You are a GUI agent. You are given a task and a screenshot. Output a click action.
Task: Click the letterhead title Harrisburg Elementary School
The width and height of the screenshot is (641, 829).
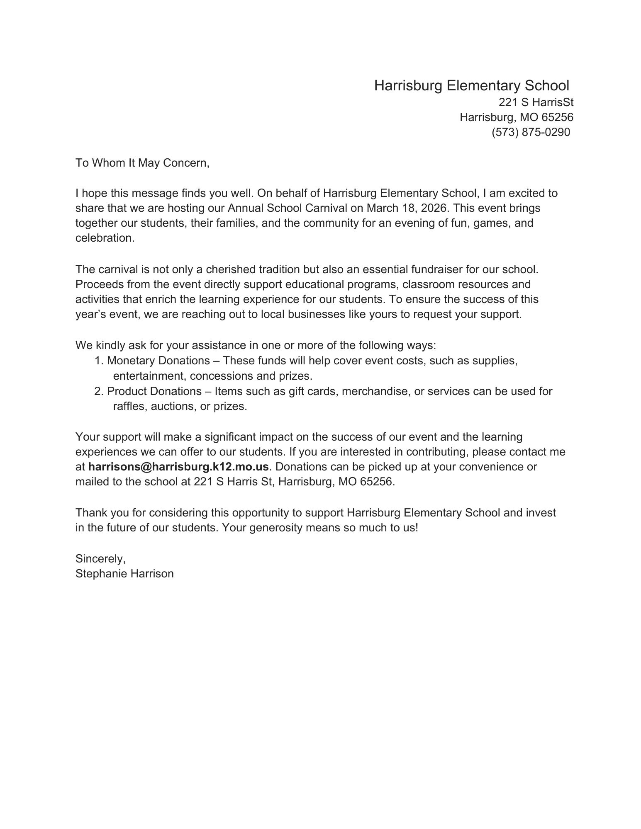(471, 86)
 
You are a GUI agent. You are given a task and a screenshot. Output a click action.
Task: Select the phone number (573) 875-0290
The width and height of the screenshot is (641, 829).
(531, 132)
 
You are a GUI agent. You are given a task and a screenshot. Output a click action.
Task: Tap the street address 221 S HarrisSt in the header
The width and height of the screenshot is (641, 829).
(536, 102)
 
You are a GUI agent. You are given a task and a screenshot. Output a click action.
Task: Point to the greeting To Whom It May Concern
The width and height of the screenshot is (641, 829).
(142, 163)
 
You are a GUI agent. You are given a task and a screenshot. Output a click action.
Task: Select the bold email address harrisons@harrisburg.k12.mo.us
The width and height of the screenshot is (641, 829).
(178, 467)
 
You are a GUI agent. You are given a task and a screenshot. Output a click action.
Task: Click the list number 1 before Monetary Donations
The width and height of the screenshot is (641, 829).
(98, 361)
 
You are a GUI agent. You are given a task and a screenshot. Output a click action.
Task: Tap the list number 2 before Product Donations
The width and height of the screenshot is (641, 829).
(98, 391)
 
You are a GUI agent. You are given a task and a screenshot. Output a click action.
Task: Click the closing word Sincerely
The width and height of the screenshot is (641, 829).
(100, 559)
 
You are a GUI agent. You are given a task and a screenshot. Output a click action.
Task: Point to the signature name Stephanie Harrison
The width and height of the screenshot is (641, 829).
(124, 574)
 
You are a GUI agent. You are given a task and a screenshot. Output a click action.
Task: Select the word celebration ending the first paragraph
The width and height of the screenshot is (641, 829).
(105, 238)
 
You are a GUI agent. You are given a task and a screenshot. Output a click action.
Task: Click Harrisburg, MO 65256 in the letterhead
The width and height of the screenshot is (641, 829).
(516, 117)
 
